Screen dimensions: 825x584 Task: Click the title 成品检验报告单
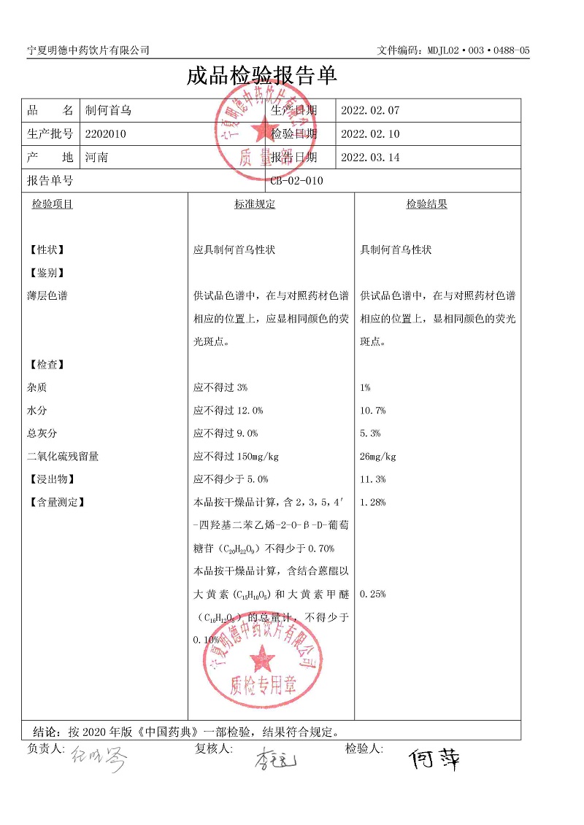(x=262, y=76)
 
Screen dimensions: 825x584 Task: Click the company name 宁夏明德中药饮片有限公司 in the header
(x=88, y=50)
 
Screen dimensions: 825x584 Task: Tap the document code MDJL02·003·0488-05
(x=453, y=50)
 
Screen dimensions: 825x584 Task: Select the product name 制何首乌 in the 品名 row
(x=108, y=111)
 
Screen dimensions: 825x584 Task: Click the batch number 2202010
(x=106, y=133)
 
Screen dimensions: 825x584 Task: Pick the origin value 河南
(x=96, y=157)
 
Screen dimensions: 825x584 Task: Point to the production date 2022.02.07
(x=370, y=111)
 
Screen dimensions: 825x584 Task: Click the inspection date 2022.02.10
(x=370, y=133)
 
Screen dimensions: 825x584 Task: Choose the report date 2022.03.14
(x=370, y=157)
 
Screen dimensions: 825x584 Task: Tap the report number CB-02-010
(x=296, y=181)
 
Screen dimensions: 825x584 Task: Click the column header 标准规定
(x=255, y=204)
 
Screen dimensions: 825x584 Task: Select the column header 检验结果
(x=426, y=204)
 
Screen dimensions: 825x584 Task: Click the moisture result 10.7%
(x=373, y=411)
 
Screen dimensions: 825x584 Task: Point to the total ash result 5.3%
(x=371, y=433)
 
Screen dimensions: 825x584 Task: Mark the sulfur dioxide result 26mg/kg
(x=378, y=457)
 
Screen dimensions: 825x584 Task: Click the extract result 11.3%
(x=373, y=479)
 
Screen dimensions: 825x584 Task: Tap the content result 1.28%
(x=373, y=502)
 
